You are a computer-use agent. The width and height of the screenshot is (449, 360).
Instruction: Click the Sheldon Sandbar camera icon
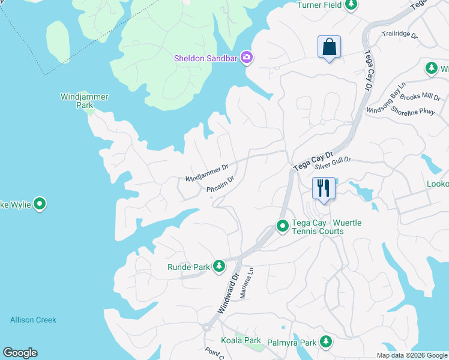246,58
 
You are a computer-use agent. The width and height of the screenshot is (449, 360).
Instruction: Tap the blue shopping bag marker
329,46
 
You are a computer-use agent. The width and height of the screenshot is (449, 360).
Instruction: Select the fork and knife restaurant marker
324,188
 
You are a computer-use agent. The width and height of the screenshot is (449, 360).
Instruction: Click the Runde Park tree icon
219,266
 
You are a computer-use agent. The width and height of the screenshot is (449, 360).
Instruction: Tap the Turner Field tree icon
351,5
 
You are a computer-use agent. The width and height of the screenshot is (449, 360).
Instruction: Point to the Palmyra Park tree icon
325,342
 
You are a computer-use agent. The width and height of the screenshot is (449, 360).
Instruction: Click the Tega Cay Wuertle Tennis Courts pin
283,226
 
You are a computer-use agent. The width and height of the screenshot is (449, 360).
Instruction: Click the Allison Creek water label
33,320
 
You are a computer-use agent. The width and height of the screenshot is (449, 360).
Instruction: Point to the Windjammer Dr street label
207,174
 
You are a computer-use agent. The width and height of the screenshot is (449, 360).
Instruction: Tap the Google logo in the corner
20,353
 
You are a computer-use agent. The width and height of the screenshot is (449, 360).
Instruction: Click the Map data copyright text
412,355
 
